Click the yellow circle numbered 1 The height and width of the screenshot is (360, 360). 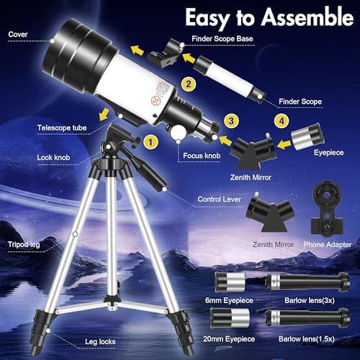(150, 142)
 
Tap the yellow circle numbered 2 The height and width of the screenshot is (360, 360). (189, 84)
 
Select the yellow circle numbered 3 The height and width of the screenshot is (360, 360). (231, 121)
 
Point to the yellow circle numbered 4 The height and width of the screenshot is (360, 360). (282, 121)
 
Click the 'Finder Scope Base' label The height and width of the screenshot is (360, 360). (222, 39)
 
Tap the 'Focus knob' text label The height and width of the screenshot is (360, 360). (202, 156)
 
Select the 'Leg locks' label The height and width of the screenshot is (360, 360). (100, 341)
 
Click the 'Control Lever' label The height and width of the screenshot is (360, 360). (219, 199)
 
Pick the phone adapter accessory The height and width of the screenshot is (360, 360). (328, 208)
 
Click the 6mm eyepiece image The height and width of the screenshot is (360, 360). (230, 282)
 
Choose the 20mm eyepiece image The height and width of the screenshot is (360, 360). (230, 318)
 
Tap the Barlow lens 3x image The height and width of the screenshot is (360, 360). (307, 282)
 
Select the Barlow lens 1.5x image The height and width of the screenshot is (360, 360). (307, 318)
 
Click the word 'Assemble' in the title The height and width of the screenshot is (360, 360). (307, 17)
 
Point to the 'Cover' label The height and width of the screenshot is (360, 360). (18, 35)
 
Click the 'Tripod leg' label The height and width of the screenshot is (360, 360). (24, 245)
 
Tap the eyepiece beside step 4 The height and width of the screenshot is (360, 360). (307, 136)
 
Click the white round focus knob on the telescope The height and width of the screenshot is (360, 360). (178, 132)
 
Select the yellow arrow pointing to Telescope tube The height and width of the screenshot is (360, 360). (104, 114)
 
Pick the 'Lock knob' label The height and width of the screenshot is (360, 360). (53, 158)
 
